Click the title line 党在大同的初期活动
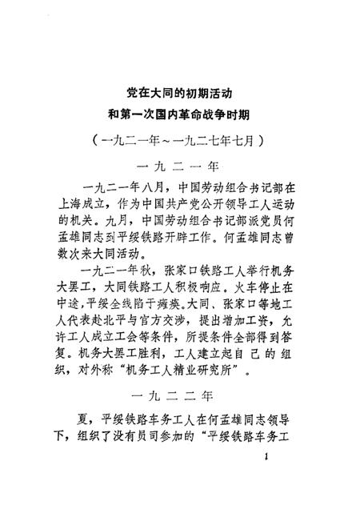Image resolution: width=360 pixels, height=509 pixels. (180, 93)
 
